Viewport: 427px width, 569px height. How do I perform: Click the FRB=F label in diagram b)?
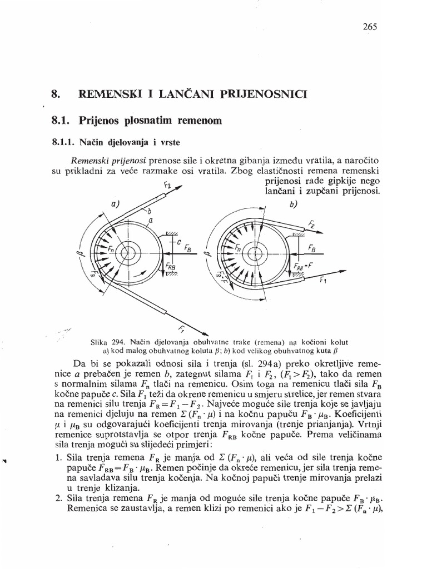pyautogui.click(x=304, y=265)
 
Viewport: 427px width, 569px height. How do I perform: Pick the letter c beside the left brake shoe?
pyautogui.click(x=179, y=243)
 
